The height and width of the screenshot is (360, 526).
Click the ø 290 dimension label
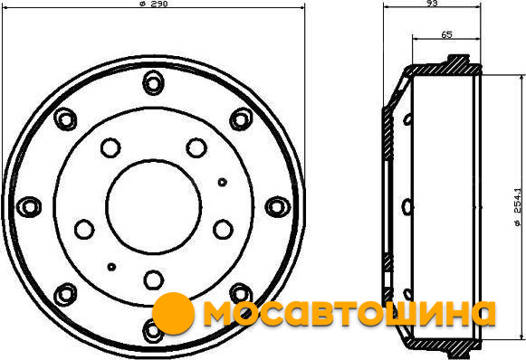tap(153, 4)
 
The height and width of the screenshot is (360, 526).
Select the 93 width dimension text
tap(433, 3)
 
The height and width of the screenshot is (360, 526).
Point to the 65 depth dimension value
tap(446, 34)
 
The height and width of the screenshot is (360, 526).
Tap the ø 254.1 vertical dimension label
tap(518, 207)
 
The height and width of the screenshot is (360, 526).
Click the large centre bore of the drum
tap(154, 206)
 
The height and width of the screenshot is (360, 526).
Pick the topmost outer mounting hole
tap(153, 83)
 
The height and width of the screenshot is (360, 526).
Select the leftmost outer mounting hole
tap(29, 206)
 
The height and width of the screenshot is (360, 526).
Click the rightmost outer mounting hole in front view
tap(277, 206)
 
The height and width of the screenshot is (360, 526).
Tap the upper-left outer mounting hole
tap(65, 119)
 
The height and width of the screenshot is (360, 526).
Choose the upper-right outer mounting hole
tap(241, 119)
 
